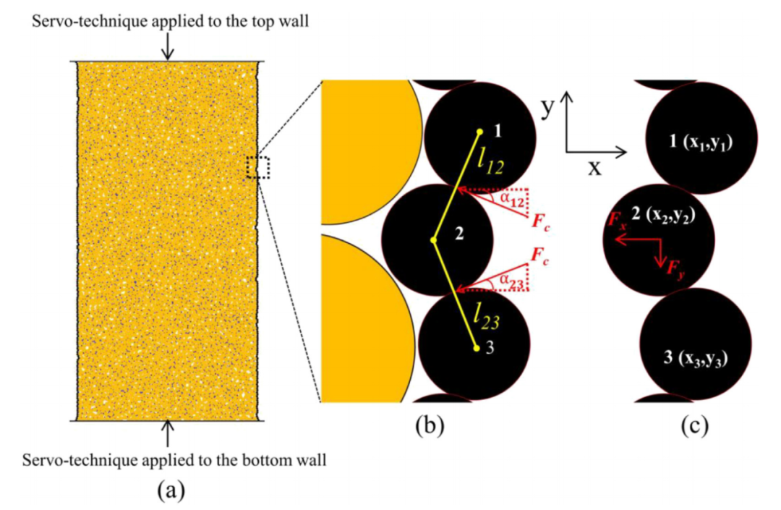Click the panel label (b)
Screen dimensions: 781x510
430,426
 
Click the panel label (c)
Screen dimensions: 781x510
694,426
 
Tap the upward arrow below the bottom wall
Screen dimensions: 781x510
168,433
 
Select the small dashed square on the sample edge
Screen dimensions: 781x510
258,168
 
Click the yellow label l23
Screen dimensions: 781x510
486,315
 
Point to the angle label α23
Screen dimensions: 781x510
511,281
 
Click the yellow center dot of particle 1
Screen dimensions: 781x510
479,132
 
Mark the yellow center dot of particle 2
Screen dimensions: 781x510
434,240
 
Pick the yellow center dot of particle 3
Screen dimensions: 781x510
476,348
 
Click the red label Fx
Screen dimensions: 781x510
617,219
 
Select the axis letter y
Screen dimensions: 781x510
548,106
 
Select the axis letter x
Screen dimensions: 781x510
594,169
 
